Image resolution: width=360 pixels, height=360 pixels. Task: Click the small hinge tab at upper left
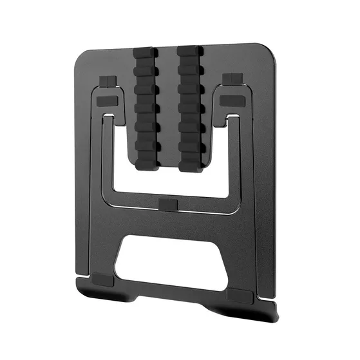coord(108,81)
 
